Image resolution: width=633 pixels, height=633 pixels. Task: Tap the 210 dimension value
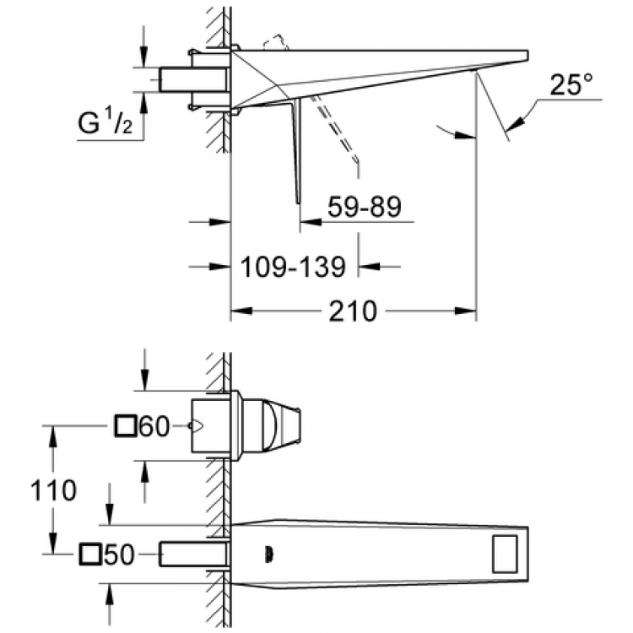(353, 311)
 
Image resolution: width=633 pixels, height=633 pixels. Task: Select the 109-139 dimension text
(292, 268)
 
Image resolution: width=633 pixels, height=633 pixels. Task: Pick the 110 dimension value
(53, 490)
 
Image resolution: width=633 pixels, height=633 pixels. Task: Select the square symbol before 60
(125, 427)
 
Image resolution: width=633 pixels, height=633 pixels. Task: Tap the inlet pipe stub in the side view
(194, 80)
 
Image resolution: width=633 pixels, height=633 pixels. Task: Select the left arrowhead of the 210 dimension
(240, 311)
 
